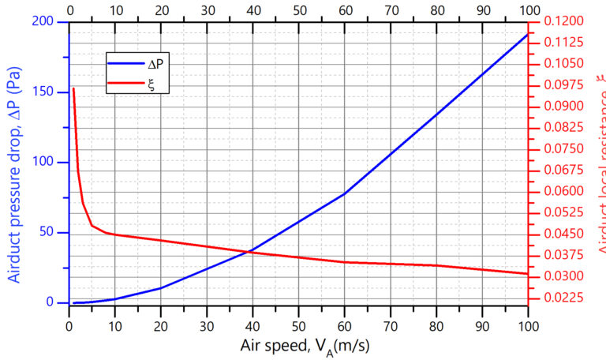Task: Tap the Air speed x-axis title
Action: point(297,344)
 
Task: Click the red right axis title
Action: point(598,166)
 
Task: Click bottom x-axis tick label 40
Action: point(252,324)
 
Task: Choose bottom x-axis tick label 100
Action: point(527,324)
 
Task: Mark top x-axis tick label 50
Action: point(298,9)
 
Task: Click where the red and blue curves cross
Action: point(251,251)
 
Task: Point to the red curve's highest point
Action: point(73,88)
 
